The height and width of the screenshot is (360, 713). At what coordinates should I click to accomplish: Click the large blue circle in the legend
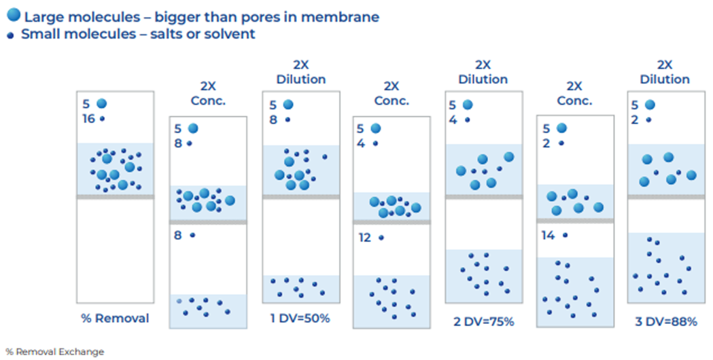[x=14, y=16]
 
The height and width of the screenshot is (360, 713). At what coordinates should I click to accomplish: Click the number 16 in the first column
[x=88, y=118]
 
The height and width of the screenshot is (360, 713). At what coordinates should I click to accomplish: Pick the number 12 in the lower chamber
[x=364, y=238]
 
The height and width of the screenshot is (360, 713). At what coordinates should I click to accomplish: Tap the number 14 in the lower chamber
[x=549, y=235]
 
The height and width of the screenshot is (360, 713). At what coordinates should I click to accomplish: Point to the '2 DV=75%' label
[x=483, y=321]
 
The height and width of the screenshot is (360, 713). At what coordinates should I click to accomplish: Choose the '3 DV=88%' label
[x=665, y=321]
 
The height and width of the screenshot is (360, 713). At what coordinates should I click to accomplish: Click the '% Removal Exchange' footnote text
[x=54, y=352]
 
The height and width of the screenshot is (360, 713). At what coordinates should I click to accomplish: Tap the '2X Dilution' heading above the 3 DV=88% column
[x=665, y=71]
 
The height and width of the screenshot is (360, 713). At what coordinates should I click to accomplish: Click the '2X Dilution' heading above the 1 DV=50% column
[x=301, y=71]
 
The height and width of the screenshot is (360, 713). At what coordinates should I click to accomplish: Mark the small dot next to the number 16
[x=103, y=118]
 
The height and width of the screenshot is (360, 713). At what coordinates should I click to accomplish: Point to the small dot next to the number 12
[x=381, y=238]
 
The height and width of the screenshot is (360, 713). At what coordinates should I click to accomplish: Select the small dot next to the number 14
[x=566, y=235]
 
